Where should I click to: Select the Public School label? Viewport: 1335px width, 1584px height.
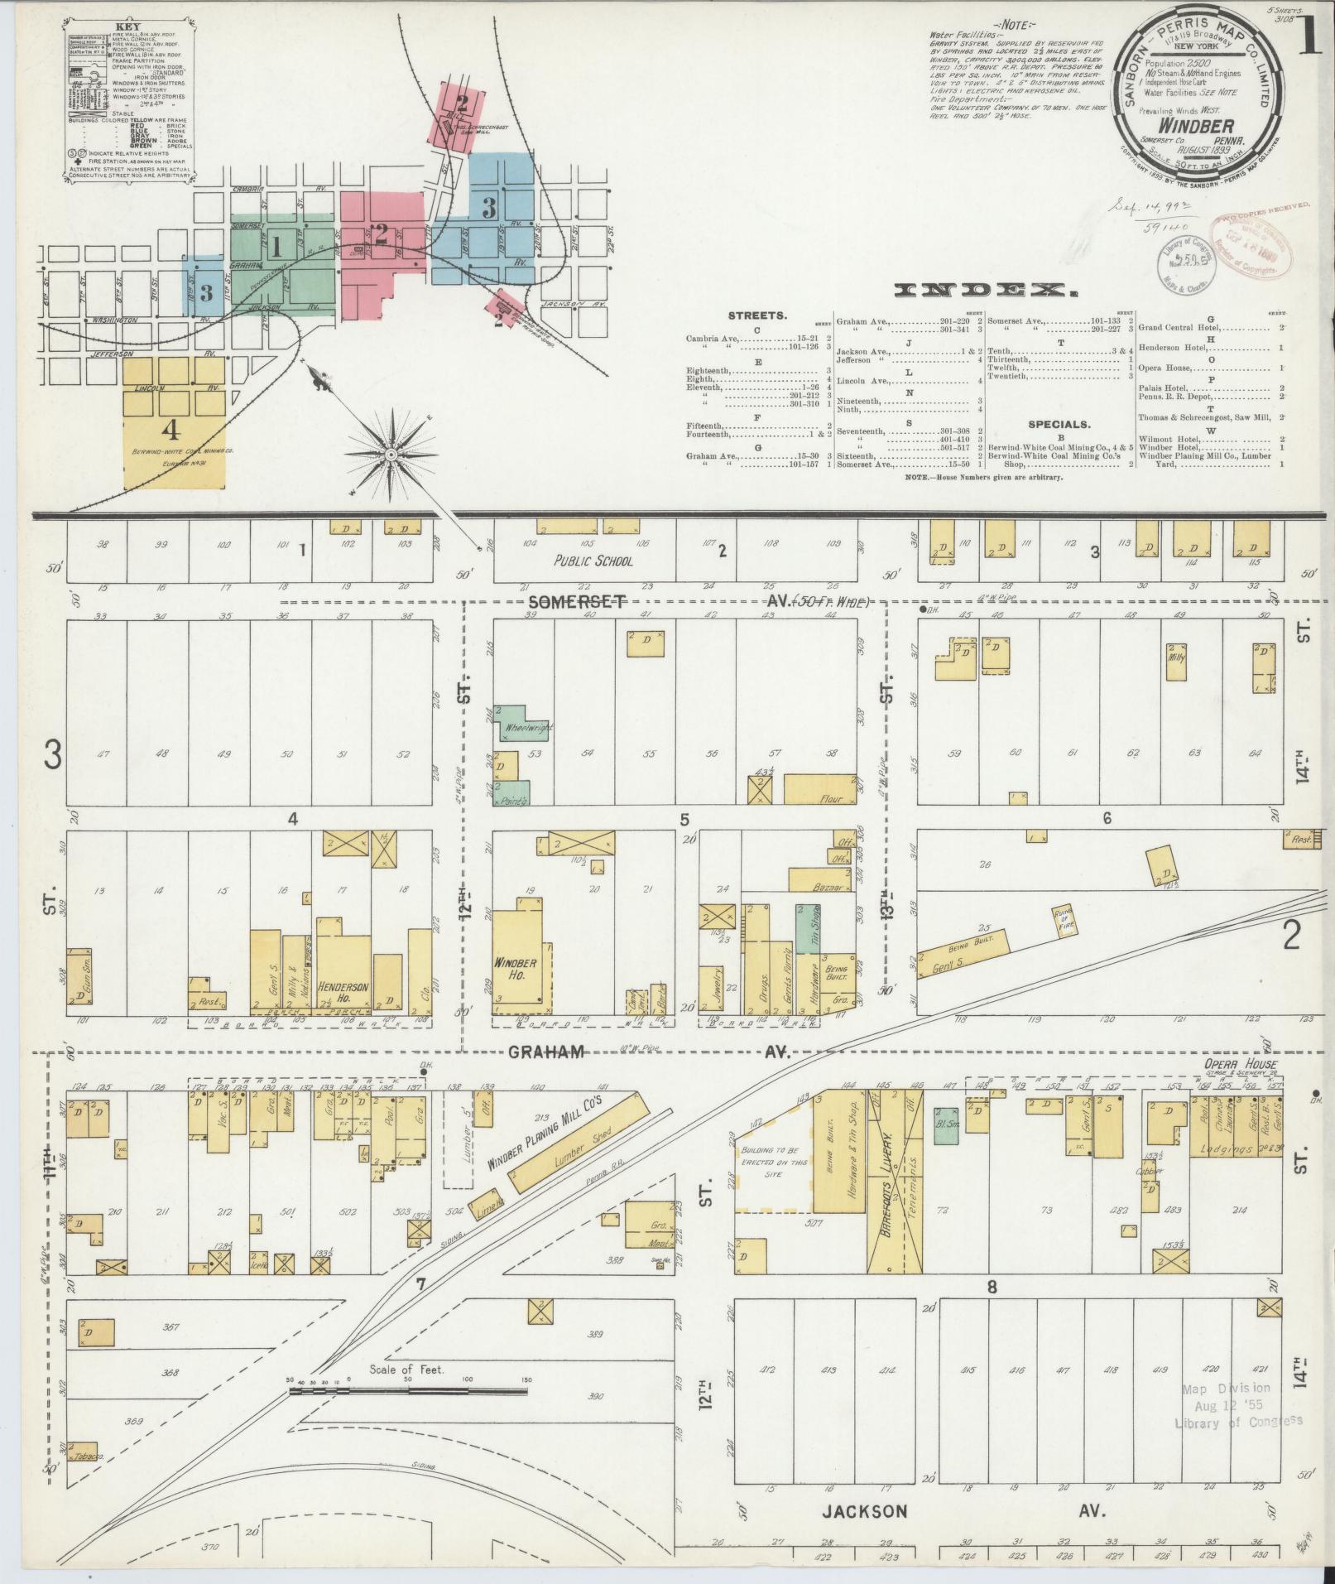[593, 561]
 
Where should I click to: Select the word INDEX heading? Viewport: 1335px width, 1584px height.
[988, 290]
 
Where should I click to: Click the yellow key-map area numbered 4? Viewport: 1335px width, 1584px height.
[173, 422]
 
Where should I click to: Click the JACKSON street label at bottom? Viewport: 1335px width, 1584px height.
[864, 1511]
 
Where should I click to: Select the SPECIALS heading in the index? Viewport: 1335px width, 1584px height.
[1059, 424]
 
